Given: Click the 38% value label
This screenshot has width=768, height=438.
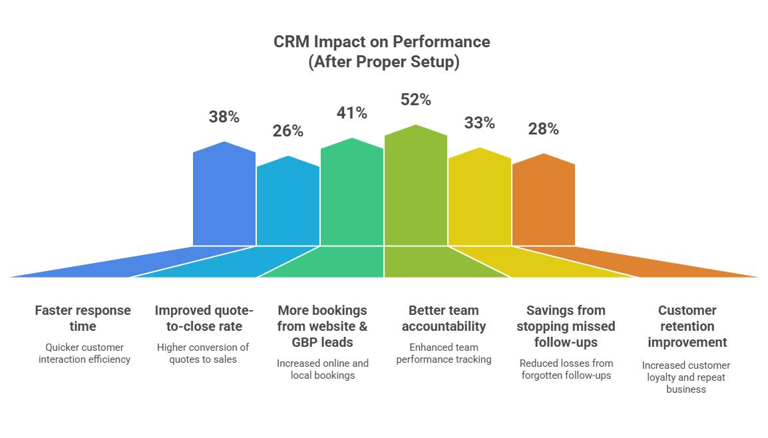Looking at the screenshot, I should click(x=224, y=117).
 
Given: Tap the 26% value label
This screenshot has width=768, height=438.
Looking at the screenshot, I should click(x=288, y=131).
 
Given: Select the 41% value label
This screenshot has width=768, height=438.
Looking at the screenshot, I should click(x=351, y=113).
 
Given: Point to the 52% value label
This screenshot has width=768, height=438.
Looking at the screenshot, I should click(x=415, y=100).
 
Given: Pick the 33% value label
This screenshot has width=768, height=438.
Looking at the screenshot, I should click(x=479, y=123).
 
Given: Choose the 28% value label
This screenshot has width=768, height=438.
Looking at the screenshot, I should click(x=543, y=129).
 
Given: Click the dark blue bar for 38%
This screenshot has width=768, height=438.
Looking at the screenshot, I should click(x=224, y=196).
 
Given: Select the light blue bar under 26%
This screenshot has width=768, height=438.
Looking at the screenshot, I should click(x=288, y=203).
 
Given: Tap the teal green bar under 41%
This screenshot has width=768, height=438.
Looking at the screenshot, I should click(x=352, y=194).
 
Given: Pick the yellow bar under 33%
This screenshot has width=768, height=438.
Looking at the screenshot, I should click(x=480, y=200).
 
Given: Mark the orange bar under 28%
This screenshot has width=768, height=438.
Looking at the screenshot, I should click(x=544, y=202).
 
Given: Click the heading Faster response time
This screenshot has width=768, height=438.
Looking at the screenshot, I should click(x=83, y=318).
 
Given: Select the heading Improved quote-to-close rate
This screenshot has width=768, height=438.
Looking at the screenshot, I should click(x=204, y=318).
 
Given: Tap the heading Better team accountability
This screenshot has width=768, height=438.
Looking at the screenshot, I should click(x=443, y=318).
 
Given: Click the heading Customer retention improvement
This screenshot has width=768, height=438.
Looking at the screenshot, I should click(x=687, y=326).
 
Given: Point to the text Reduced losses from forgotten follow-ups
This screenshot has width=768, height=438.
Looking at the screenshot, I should click(x=566, y=369).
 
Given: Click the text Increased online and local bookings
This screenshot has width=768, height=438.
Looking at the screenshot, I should click(x=322, y=369).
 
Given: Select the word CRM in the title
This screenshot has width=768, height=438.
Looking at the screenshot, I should click(x=291, y=42).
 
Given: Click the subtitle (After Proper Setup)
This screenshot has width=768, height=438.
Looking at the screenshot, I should click(x=383, y=63).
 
